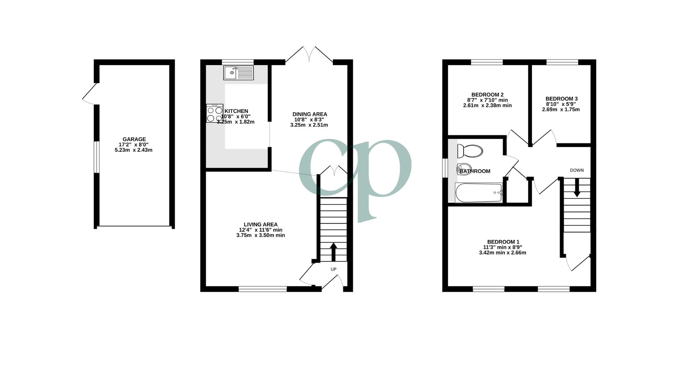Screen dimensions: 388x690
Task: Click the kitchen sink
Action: [x=238, y=73]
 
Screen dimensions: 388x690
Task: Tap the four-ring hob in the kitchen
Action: [x=215, y=114]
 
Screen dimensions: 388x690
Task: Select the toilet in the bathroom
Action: [x=469, y=151]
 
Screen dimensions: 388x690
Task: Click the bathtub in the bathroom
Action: [x=479, y=193]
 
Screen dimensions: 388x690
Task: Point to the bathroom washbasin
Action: [x=464, y=168]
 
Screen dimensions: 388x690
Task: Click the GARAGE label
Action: [x=134, y=139]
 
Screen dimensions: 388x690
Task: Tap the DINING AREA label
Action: [x=309, y=114]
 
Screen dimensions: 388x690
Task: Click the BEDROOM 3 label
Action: [x=561, y=98]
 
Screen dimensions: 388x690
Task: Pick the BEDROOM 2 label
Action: [x=487, y=95]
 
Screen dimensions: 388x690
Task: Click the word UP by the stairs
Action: [x=333, y=269]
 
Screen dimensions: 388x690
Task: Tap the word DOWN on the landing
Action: [x=577, y=170]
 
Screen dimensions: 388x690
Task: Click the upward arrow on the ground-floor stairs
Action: [x=333, y=251]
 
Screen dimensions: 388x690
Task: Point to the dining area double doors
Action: [x=309, y=56]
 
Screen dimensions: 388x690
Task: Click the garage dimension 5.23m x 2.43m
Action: [x=134, y=150]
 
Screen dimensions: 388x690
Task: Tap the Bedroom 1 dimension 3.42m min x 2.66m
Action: [x=502, y=253]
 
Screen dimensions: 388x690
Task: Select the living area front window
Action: [x=263, y=288]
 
